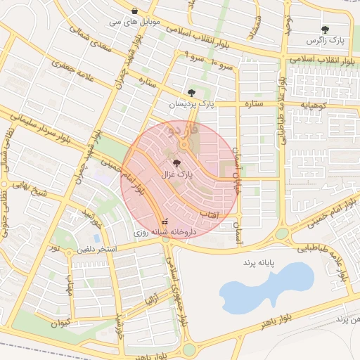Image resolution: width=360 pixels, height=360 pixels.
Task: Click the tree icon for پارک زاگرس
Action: pyautogui.click(x=325, y=30)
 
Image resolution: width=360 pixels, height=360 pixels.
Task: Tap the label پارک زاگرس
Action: pyautogui.click(x=325, y=42)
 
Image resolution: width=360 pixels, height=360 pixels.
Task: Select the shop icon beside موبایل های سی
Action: pyautogui.click(x=134, y=11)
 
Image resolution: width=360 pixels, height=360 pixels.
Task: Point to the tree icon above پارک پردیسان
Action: pyautogui.click(x=192, y=93)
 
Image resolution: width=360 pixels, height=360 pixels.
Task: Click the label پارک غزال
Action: pyautogui.click(x=175, y=173)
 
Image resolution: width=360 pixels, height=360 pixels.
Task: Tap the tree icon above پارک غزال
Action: pyautogui.click(x=176, y=162)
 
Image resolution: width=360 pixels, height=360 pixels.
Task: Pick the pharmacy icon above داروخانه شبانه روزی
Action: pyautogui.click(x=166, y=221)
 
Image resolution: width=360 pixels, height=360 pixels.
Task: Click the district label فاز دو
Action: pyautogui.click(x=184, y=130)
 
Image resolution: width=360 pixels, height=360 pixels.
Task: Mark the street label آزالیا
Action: pyautogui.click(x=150, y=300)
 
